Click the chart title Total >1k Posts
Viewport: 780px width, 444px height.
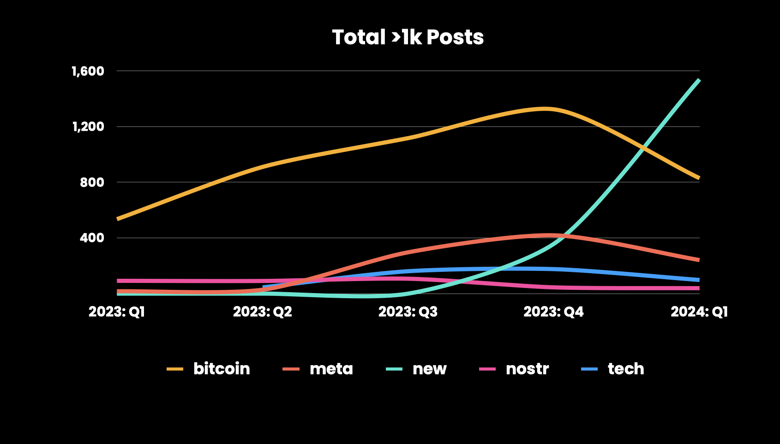point(408,37)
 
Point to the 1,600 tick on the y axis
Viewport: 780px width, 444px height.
point(88,71)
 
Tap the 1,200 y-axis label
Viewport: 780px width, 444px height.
point(88,126)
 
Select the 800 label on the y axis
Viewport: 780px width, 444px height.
point(92,182)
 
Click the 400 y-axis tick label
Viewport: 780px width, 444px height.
point(92,238)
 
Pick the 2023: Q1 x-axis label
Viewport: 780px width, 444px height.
point(117,312)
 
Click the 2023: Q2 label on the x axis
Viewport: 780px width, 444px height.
point(263,312)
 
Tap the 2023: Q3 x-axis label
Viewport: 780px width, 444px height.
point(408,312)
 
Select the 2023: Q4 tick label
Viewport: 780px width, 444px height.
point(553,312)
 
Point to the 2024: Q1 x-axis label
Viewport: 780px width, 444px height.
point(699,312)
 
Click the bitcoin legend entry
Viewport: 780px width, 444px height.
point(222,369)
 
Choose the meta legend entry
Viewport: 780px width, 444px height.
point(331,369)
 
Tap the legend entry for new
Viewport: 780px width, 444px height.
point(429,369)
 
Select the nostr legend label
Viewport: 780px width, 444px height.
point(527,369)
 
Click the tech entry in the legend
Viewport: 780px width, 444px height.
point(625,369)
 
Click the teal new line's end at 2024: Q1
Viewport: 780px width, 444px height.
point(699,81)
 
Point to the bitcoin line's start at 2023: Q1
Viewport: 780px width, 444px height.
point(118,219)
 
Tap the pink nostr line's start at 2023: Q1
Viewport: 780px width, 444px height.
point(118,281)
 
